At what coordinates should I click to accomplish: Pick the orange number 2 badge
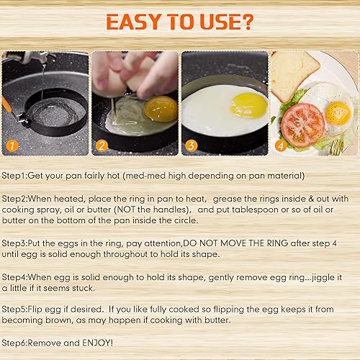(102, 146)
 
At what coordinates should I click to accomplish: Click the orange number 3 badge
(191, 146)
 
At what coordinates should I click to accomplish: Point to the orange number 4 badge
(280, 146)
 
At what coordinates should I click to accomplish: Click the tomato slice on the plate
(302, 125)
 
